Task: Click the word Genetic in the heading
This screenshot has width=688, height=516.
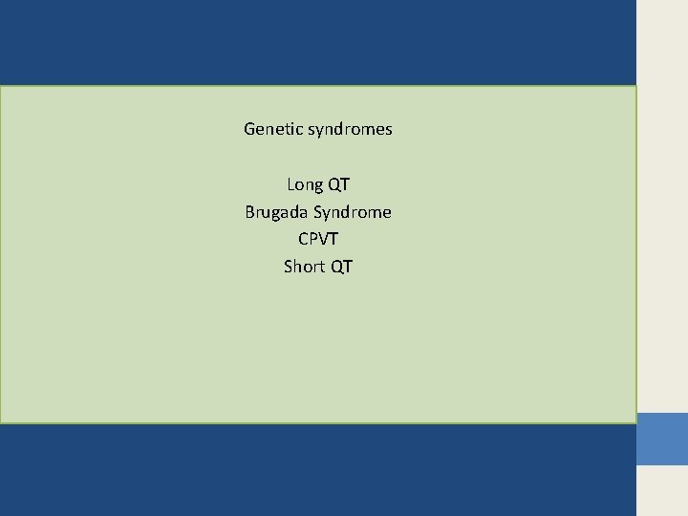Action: pos(273,128)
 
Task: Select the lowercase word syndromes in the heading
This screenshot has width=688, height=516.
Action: pos(350,129)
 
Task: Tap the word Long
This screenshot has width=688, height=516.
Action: pos(305,184)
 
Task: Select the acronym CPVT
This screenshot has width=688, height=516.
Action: pos(318,239)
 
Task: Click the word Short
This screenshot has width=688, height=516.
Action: pos(305,267)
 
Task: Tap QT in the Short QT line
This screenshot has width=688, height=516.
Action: pos(341,267)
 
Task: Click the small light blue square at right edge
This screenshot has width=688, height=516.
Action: pos(662,439)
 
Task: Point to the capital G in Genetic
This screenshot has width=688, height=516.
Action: pos(250,128)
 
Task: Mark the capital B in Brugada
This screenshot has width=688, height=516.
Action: pos(250,212)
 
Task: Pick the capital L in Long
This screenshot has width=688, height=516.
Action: pos(291,184)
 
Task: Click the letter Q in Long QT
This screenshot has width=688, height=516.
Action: pos(333,184)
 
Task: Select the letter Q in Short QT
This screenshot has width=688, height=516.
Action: pos(336,267)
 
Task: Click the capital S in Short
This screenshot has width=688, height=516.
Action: pos(289,267)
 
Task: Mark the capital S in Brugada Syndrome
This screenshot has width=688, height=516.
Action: pos(319,212)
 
